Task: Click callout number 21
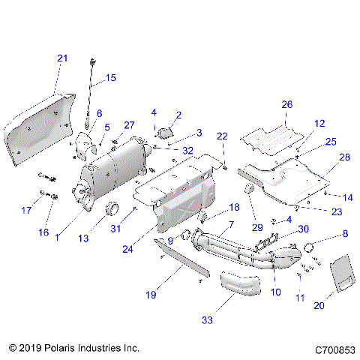pos(62,58)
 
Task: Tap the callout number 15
pos(110,77)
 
